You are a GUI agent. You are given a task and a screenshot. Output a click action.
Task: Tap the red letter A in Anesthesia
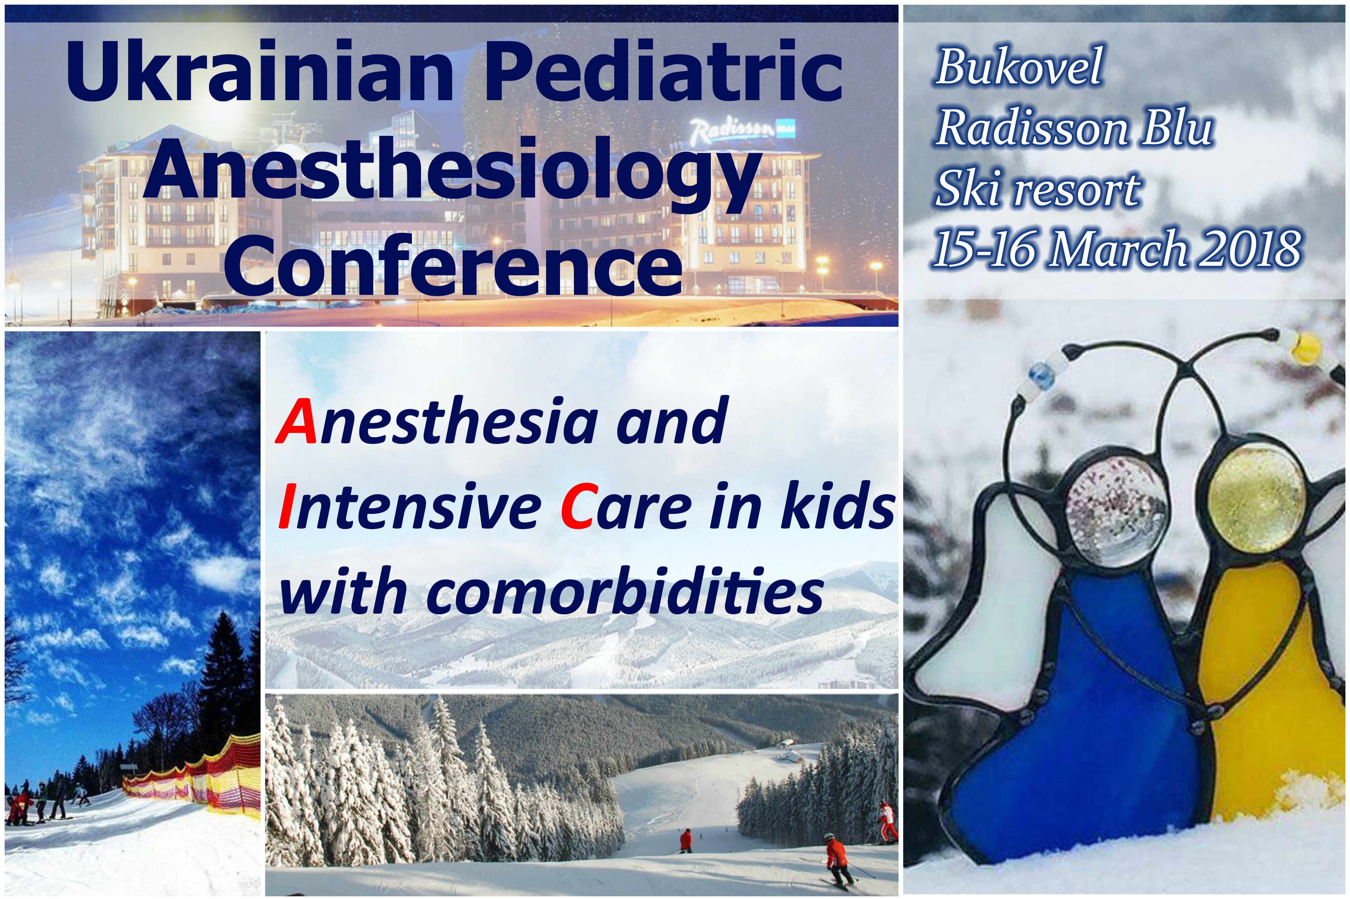[x=297, y=421]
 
